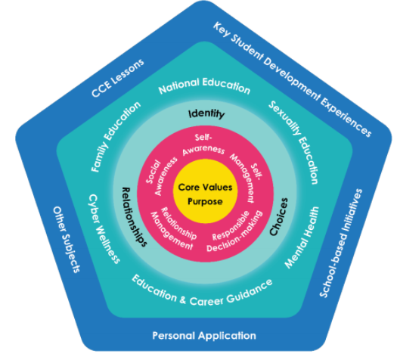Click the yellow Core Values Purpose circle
pos(206,192)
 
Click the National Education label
pos(204,88)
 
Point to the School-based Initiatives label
pos(350,241)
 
